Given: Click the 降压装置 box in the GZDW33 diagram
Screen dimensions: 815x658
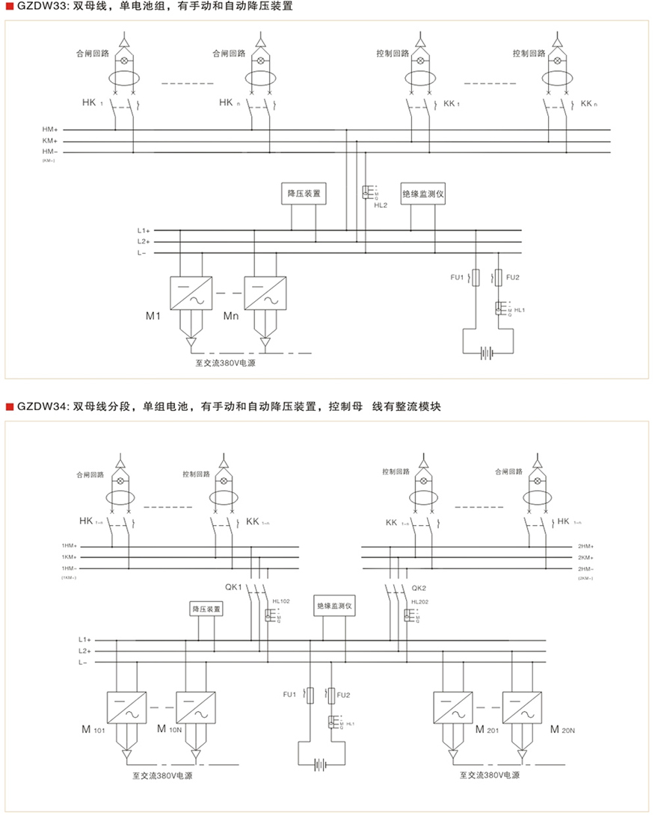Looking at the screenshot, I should (304, 193).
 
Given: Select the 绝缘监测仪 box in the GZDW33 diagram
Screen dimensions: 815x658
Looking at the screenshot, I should (424, 193).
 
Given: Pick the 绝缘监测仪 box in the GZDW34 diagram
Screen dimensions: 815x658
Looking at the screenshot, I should (334, 608).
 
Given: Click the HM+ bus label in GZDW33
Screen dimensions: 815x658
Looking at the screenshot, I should (50, 130).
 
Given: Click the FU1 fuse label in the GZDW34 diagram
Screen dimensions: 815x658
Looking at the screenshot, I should (289, 695).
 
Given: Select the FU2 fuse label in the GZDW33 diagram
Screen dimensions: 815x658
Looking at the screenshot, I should (512, 278).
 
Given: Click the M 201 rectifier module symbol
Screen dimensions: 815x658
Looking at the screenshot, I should (453, 708).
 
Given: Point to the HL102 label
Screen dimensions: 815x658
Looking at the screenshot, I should (281, 601).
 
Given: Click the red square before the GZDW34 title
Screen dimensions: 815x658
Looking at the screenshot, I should (10, 408).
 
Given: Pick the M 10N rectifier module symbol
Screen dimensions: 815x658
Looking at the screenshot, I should (196, 708).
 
